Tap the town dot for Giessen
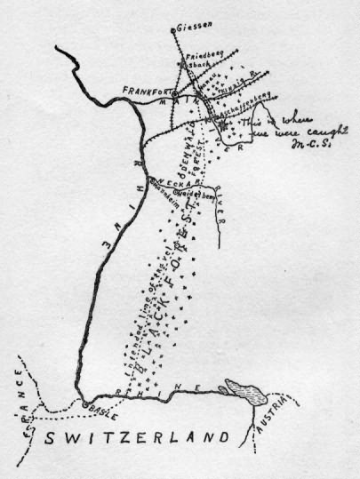[173, 28]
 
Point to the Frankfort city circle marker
[175, 92]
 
